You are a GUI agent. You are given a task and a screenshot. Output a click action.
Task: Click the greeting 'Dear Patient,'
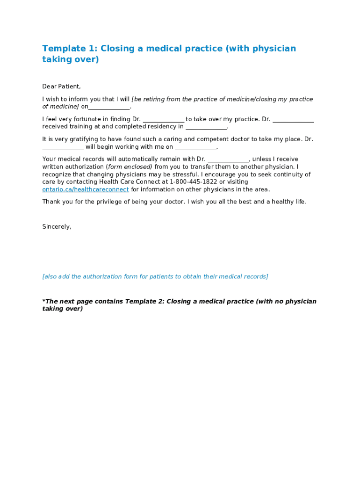(x=61, y=87)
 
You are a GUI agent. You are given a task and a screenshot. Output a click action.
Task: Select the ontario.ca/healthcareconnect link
(x=86, y=189)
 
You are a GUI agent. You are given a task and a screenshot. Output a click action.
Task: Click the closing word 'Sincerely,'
(x=57, y=227)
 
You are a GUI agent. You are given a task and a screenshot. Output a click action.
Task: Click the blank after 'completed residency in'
(x=206, y=127)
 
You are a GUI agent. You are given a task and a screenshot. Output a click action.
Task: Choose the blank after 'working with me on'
(x=196, y=147)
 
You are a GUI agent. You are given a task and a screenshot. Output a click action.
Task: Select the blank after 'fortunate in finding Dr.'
(x=163, y=119)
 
